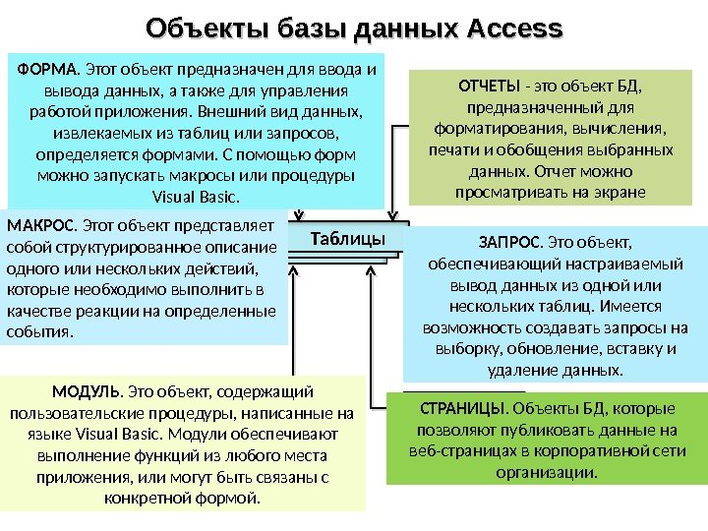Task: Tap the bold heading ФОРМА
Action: pos(49,70)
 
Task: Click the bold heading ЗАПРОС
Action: pos(509,242)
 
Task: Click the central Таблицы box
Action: pos(347,239)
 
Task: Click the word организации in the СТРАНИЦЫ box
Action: pos(548,472)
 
